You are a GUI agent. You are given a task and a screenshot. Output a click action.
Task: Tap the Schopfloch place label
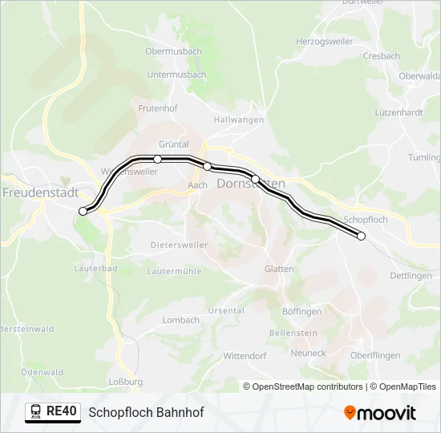pos(365,219)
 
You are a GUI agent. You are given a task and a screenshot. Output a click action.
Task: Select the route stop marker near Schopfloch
pos(361,236)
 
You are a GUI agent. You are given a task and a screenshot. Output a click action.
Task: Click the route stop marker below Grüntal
pos(157,159)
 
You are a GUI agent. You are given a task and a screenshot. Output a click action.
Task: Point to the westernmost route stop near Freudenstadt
pos(83,211)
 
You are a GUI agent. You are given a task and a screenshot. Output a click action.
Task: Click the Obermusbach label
pos(173,51)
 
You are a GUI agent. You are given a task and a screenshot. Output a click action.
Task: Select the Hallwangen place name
pos(239,119)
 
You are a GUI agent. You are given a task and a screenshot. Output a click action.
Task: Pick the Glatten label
pos(279,269)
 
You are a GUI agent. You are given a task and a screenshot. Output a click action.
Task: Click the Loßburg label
pos(126,382)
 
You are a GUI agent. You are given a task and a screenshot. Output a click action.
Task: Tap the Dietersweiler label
pos(179,245)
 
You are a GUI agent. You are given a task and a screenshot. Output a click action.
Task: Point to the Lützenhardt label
pos(399,113)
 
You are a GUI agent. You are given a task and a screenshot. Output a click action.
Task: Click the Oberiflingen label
pos(376,354)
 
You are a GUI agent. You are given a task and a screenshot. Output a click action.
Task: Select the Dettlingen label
pos(411,276)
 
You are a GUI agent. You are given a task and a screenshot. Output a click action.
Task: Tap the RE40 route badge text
pos(62,411)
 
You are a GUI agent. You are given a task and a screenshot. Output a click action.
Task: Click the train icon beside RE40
pos(35,412)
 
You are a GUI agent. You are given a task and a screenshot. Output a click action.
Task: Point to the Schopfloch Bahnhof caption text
pos(146,412)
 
